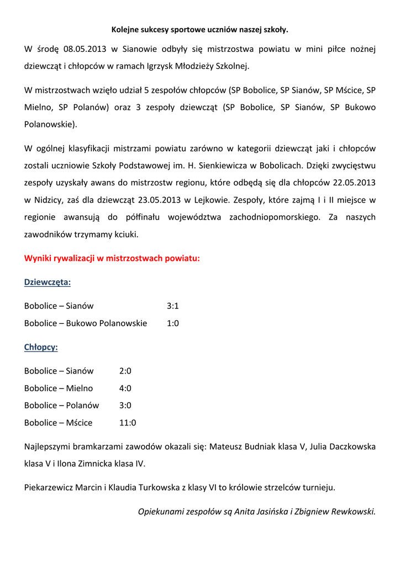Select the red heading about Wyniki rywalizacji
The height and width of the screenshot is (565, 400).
(x=112, y=258)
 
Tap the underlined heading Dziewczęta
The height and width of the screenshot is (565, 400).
(x=48, y=282)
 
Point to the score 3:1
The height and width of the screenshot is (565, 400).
(x=172, y=306)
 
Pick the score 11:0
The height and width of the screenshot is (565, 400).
(x=127, y=423)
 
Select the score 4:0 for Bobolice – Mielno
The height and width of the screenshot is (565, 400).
(x=125, y=388)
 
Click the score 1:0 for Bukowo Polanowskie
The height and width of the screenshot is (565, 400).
(x=172, y=323)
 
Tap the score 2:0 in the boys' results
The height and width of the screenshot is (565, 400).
(x=125, y=371)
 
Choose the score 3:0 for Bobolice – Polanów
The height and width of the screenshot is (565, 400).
(x=125, y=406)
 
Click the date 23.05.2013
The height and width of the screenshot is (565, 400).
(x=159, y=200)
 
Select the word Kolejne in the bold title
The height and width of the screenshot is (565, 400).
(x=125, y=29)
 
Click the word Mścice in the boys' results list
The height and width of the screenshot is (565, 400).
(x=79, y=423)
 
